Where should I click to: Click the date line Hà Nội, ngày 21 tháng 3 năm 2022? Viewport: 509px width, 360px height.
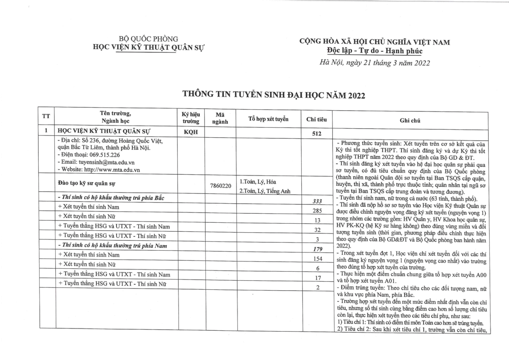[374, 63]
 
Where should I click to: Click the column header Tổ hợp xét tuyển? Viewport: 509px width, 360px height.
[268, 119]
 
